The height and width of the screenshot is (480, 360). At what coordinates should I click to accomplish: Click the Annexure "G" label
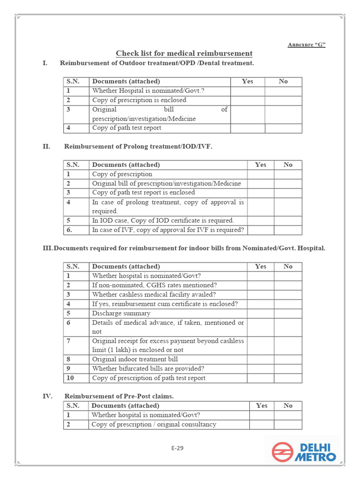click(306, 45)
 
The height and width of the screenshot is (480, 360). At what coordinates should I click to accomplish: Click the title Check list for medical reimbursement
click(184, 53)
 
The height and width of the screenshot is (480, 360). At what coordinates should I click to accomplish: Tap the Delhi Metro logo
click(304, 452)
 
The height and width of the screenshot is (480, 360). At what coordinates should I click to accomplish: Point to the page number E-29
click(177, 448)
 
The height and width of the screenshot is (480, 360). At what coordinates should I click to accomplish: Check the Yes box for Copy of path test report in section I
click(247, 128)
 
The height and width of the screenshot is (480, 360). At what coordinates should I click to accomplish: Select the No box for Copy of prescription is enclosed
click(283, 100)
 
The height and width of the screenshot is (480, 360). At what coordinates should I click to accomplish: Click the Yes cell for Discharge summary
click(261, 313)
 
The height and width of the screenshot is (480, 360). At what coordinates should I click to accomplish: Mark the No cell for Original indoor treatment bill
click(288, 360)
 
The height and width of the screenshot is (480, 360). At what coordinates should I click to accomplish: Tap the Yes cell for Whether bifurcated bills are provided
click(261, 369)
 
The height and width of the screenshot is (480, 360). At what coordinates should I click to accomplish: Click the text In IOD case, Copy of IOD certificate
click(163, 220)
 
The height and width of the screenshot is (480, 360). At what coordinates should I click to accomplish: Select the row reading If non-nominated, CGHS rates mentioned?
click(154, 285)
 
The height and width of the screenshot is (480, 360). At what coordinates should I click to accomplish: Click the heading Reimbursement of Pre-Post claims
click(119, 396)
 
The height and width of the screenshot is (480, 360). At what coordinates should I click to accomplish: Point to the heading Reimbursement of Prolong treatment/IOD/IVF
click(138, 147)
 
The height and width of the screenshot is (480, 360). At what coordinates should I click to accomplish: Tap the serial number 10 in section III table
click(70, 378)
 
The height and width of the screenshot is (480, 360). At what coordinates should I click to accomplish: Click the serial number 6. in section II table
click(69, 230)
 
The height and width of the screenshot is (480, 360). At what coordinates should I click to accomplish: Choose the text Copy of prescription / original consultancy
click(154, 424)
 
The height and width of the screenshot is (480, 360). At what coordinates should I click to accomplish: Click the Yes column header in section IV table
click(262, 405)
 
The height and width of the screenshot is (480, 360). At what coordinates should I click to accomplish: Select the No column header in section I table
click(283, 82)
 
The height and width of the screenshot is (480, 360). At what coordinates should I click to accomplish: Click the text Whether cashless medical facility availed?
click(154, 294)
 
